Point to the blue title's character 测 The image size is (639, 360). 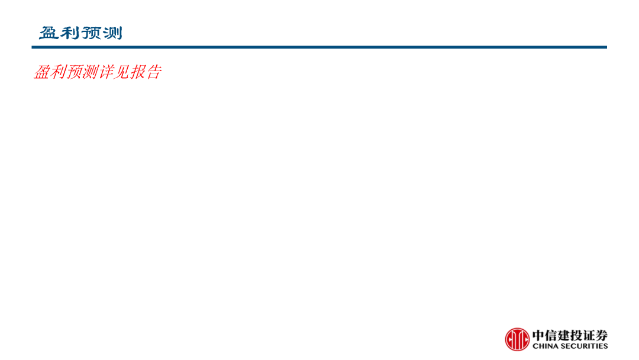tap(112, 33)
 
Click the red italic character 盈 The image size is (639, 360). tap(42, 72)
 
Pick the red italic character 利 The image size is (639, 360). tap(58, 72)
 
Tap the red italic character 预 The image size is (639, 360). tap(74, 72)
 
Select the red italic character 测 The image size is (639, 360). tap(90, 72)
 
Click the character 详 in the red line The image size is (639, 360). tap(106, 72)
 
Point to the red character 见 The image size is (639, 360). tap(122, 72)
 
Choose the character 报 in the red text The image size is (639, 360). tap(138, 72)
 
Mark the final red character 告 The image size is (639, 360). tap(154, 72)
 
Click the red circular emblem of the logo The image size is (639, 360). tap(517, 339)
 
